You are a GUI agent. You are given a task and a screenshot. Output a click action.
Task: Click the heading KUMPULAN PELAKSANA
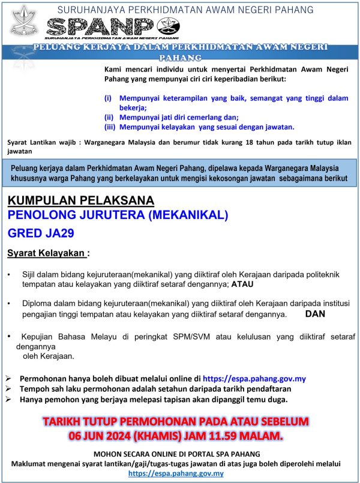coord(81,200)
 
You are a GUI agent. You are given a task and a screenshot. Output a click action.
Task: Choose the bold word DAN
coord(316,313)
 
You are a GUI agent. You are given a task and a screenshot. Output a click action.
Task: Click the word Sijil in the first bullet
coord(30,274)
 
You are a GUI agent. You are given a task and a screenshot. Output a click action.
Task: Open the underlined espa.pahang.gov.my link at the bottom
coord(180,473)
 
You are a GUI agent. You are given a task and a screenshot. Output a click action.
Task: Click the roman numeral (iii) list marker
coord(109,127)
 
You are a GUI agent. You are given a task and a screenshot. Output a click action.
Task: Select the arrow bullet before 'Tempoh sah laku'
coord(8,389)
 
